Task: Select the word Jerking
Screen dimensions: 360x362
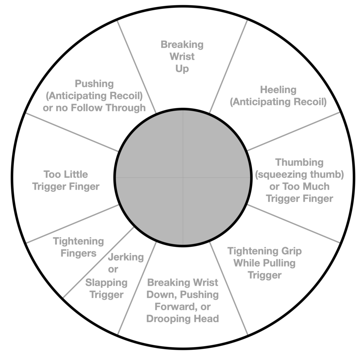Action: [126, 257]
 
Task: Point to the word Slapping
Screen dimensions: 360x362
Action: [106, 282]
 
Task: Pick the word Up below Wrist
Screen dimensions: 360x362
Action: [182, 68]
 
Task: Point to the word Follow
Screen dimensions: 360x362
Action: [83, 108]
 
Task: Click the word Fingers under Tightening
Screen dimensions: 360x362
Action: [78, 253]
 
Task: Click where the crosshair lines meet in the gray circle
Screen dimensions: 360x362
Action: [183, 177]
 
